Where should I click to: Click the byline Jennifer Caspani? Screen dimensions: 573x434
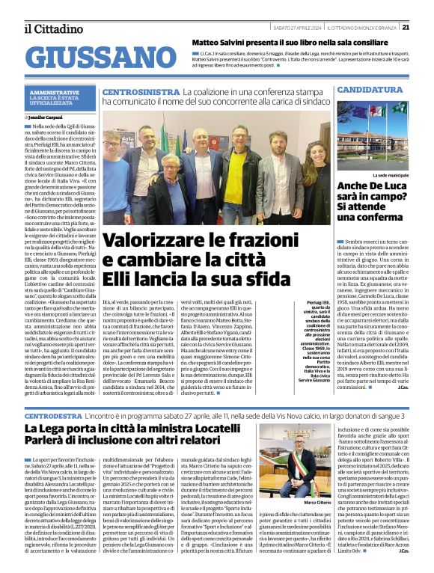pos(49,117)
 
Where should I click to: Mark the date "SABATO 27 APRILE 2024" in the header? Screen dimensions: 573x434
pos(296,27)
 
